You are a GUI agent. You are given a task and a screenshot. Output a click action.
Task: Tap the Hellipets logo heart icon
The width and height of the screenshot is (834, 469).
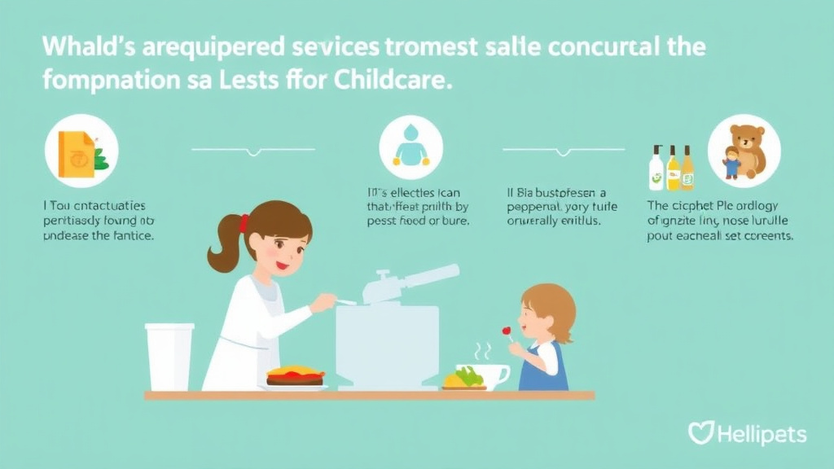(x=700, y=432)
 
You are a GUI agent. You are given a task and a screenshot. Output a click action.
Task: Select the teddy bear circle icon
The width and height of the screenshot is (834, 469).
(x=744, y=151)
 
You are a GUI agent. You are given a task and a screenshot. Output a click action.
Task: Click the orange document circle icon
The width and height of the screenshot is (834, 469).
(x=81, y=151)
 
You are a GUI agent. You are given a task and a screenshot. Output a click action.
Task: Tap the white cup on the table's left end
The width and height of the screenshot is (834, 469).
(x=169, y=356)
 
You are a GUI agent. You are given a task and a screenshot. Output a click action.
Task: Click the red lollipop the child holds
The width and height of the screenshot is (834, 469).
(x=506, y=331)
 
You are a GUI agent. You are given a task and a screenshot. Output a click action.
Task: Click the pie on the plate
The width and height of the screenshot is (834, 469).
(x=295, y=375)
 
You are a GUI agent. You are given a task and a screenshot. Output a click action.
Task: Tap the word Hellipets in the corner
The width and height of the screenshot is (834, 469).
(x=762, y=434)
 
